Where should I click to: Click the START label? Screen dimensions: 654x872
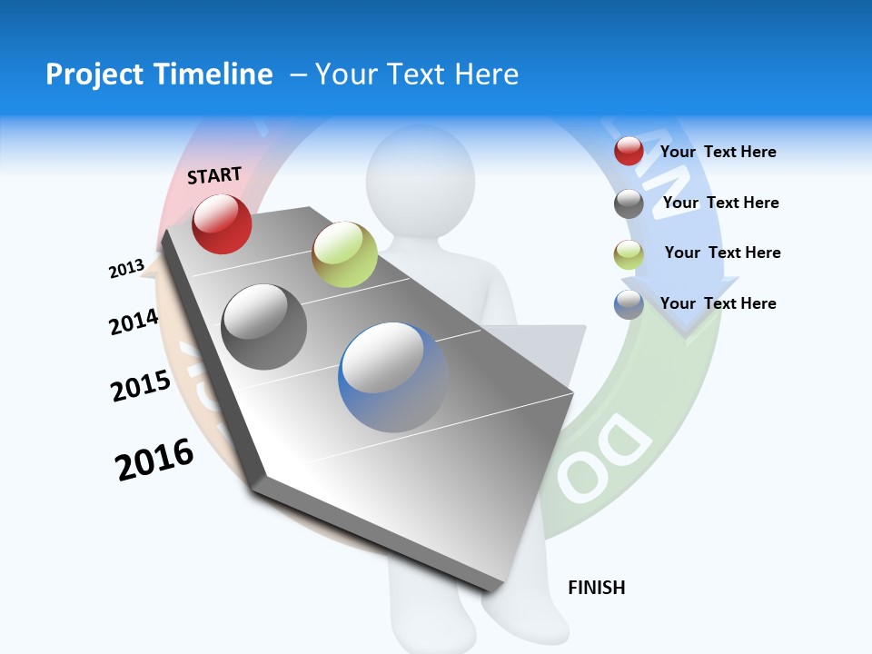click(x=214, y=174)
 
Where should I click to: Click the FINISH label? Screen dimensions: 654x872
click(x=596, y=588)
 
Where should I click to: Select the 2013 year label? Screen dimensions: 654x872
click(x=126, y=269)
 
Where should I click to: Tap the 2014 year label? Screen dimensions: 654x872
click(x=134, y=322)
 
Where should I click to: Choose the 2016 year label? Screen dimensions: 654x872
click(x=154, y=459)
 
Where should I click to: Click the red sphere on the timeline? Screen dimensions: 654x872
click(x=222, y=223)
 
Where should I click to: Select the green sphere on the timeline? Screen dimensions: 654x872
click(x=344, y=254)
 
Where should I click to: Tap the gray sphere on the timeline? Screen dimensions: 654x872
click(x=264, y=327)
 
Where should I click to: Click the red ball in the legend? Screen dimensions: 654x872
click(x=629, y=151)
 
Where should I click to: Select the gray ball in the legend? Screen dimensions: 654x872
click(x=629, y=203)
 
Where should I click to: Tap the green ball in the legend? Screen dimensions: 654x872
click(x=629, y=254)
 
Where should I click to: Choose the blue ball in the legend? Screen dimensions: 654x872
click(x=629, y=304)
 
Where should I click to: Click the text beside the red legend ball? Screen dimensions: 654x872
click(x=718, y=152)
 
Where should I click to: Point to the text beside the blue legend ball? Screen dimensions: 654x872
click(x=718, y=303)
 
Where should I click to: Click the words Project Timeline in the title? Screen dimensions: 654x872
click(x=159, y=74)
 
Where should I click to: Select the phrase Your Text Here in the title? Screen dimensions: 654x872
click(x=417, y=74)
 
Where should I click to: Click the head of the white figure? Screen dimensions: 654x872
click(x=420, y=177)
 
